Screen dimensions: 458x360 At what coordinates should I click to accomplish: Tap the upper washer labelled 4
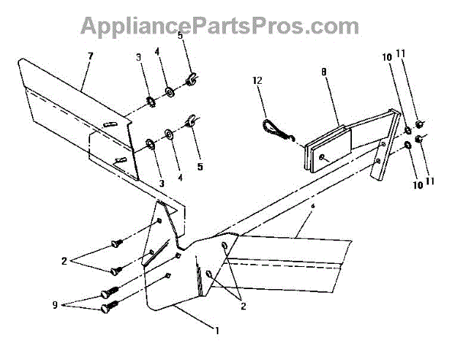pyautogui.click(x=169, y=92)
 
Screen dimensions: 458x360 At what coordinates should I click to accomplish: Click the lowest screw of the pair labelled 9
pyautogui.click(x=109, y=308)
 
